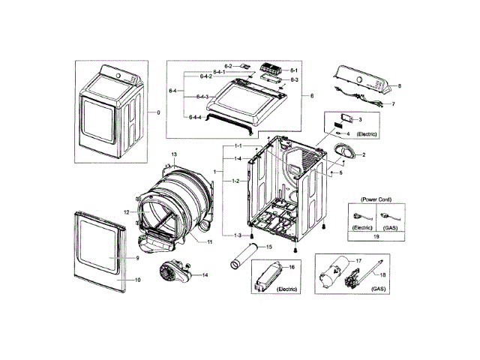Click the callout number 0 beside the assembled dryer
coord(158,112)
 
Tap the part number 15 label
coord(268,247)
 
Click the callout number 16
coord(292,267)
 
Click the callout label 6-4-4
coord(193,118)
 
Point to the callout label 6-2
coord(227,66)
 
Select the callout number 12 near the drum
coord(127,213)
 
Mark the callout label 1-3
coord(237,235)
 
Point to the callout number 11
coord(211,241)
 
